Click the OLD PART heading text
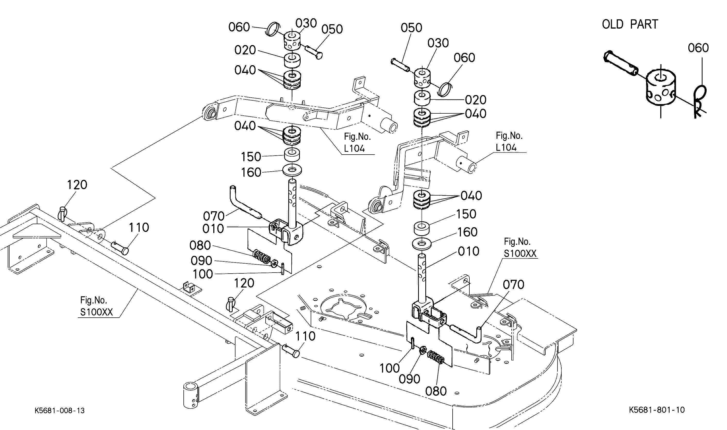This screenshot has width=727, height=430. coord(630,24)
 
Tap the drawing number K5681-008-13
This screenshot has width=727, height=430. coord(60,411)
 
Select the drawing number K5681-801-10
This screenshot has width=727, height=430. coord(657,410)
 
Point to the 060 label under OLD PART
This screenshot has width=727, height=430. coord(698,48)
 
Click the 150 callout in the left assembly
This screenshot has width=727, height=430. coord(251,157)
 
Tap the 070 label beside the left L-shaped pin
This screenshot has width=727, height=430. coord(214,216)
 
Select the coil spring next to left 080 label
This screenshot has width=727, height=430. coord(262,256)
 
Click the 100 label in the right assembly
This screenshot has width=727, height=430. coord(390,368)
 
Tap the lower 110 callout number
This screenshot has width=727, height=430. coord(305,336)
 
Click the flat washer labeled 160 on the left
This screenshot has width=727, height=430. coord(292,171)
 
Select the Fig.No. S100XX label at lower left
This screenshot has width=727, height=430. coord(96,306)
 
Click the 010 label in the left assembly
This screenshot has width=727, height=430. coord(213,229)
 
